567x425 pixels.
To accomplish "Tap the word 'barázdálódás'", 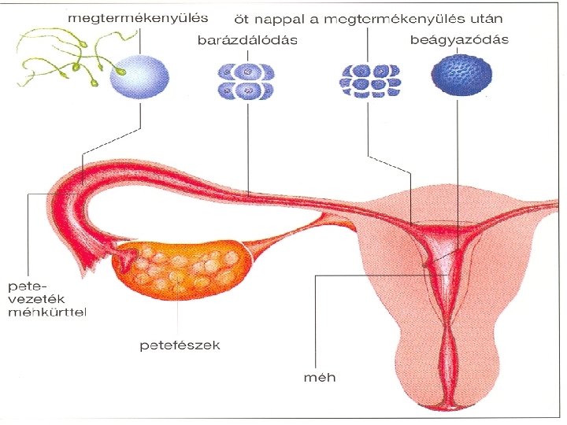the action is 247,41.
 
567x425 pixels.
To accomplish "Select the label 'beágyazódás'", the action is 460,39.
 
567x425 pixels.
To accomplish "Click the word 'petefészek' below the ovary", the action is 180,345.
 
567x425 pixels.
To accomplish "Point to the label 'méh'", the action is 319,376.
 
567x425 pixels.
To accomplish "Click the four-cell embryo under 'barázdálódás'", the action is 246,82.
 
